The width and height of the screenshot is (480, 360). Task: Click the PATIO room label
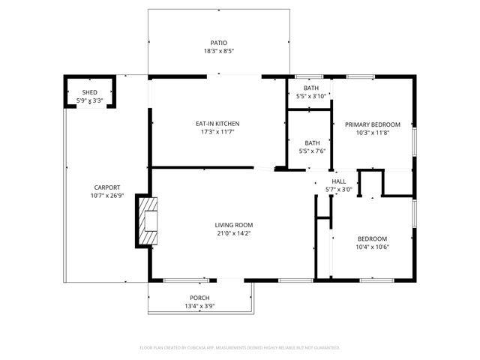(x=218, y=43)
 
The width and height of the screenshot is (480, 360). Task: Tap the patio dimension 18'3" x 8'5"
(x=218, y=52)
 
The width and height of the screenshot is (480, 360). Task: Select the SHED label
(x=89, y=92)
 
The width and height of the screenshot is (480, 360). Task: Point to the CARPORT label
(x=107, y=187)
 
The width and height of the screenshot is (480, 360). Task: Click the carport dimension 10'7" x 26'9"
(x=107, y=196)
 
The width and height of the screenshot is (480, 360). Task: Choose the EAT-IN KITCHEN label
(x=217, y=124)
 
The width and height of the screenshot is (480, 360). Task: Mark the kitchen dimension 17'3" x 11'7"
(x=217, y=133)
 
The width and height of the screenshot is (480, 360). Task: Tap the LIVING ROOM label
(x=234, y=225)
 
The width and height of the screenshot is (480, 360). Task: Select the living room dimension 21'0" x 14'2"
(x=234, y=234)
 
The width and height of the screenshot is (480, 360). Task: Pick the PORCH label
(x=199, y=298)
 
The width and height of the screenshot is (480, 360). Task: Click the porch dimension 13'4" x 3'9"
(x=199, y=306)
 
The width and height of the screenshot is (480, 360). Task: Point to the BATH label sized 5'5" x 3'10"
(x=311, y=88)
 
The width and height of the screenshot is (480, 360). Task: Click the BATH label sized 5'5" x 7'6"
(x=312, y=142)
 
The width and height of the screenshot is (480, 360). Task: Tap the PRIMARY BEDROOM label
(x=373, y=124)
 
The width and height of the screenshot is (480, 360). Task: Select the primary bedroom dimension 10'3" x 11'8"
(x=373, y=133)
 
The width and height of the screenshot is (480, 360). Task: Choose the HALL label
(x=339, y=181)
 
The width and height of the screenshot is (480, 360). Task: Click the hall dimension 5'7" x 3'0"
(x=339, y=190)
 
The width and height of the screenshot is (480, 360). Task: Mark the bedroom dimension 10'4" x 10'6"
(x=373, y=247)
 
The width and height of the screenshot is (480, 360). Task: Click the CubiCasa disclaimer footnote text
(x=240, y=348)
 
